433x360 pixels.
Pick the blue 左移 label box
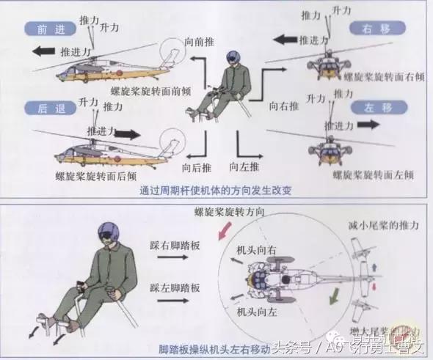(x=371, y=108)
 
